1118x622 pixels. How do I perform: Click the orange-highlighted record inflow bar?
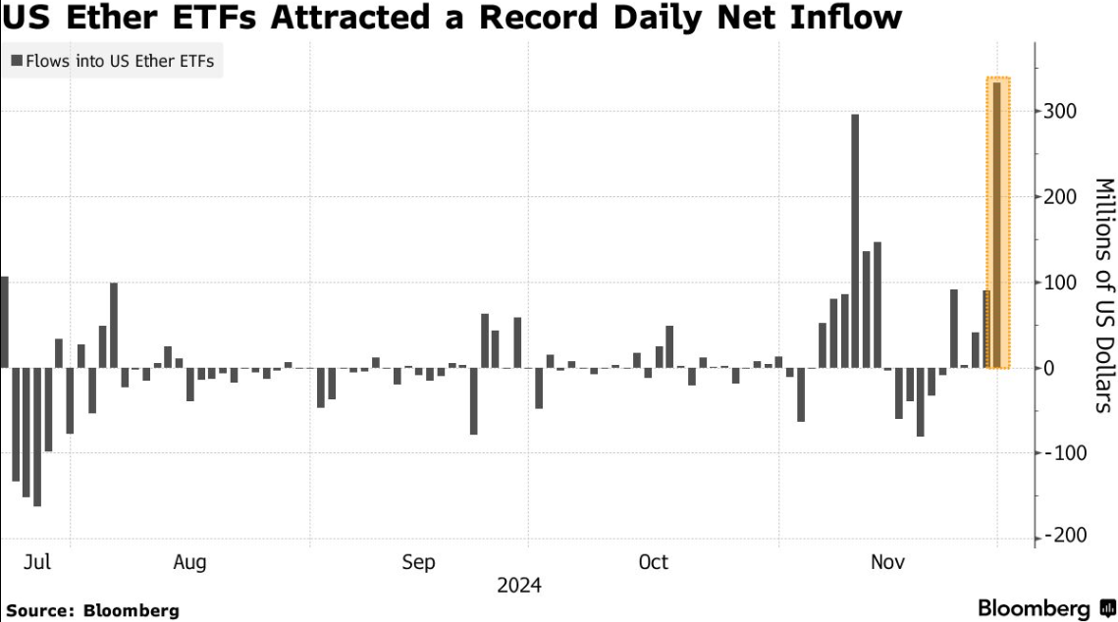click(x=997, y=226)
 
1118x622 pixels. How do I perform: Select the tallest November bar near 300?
click(x=855, y=241)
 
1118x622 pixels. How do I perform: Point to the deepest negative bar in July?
click(x=37, y=437)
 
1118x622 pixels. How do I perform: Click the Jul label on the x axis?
click(x=37, y=562)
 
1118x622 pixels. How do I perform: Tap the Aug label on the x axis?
click(x=189, y=562)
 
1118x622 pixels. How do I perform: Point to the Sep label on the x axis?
click(x=419, y=562)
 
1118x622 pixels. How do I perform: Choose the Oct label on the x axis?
click(x=653, y=562)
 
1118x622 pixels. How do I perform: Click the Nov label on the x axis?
click(x=888, y=562)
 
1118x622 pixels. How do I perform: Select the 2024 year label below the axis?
click(x=519, y=586)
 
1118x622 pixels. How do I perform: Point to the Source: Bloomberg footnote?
click(x=93, y=609)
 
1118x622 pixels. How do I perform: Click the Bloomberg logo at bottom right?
click(x=1045, y=608)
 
